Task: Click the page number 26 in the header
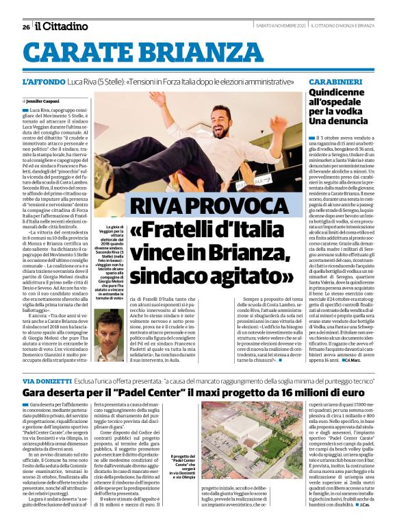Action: pos(25,27)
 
